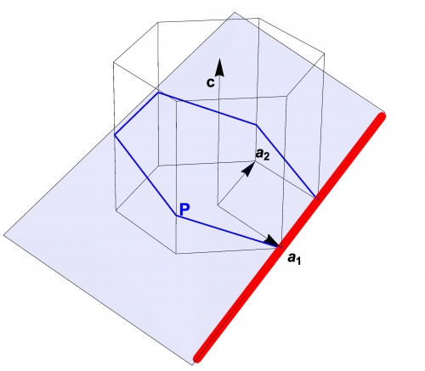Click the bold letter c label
pos(210,82)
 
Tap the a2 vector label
pos(263,155)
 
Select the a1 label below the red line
pos(294,259)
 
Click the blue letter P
pos(184,210)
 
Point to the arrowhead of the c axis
pos(219,67)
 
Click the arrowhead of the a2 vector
pos(249,169)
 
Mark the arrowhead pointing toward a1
pos(272,241)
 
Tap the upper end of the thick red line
pos(382,115)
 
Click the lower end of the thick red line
pos(197,358)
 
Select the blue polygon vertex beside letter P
pos(177,216)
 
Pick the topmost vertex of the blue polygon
pos(158,93)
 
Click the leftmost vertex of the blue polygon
pos(115,135)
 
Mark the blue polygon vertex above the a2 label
pos(257,125)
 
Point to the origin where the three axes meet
pos(218,204)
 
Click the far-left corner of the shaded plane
pos(3,234)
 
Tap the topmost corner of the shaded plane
pos(235,12)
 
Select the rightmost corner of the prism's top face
pos(324,53)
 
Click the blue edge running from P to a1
pos(228,232)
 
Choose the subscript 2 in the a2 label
pos(266,157)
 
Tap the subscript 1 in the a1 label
pos(297,261)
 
